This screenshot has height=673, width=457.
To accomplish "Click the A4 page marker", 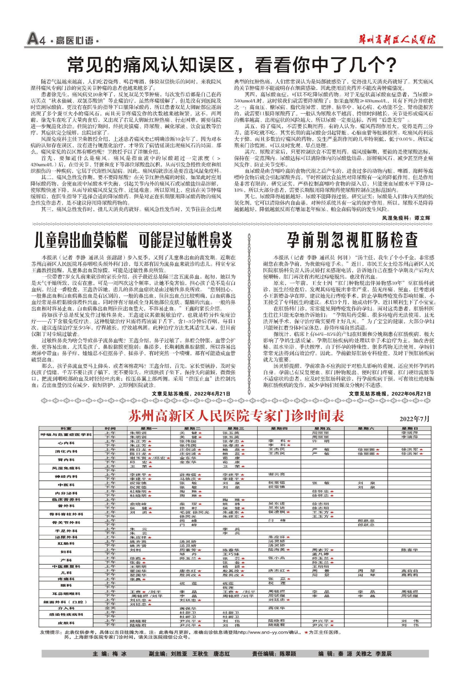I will (x=36, y=40).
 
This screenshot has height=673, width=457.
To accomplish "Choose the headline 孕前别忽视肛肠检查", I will (x=352, y=240).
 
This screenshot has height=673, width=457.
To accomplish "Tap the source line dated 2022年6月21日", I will (x=191, y=393).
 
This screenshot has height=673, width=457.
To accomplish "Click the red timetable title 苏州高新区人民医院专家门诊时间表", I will (x=236, y=416).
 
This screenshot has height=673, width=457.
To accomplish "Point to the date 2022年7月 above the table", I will (x=414, y=419).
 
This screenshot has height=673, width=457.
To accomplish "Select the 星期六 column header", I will (x=366, y=428).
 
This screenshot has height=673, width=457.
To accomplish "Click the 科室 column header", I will (x=66, y=428).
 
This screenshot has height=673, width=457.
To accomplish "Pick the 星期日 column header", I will (x=409, y=428).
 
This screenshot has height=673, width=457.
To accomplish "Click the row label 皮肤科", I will (x=66, y=623).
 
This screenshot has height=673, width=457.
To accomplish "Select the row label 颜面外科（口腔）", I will (x=66, y=602).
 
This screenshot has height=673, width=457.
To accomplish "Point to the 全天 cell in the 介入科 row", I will (x=110, y=608).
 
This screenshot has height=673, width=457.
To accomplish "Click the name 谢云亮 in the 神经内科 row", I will (x=276, y=474).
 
